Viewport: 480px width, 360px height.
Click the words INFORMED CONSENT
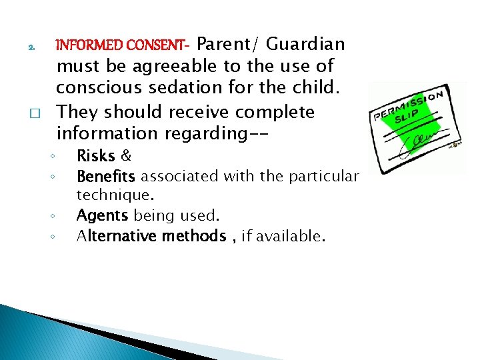pos(122,46)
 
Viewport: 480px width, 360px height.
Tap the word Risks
pos(96,157)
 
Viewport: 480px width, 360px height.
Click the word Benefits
pos(106,177)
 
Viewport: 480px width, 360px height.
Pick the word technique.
pos(114,196)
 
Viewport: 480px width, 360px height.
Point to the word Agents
pos(103,216)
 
